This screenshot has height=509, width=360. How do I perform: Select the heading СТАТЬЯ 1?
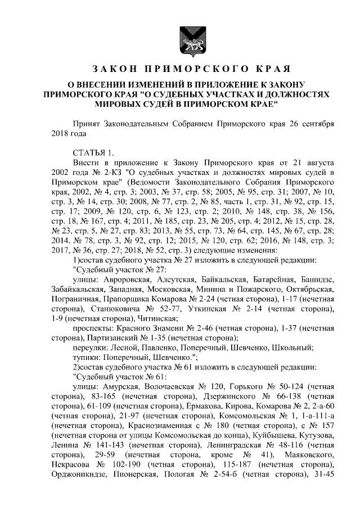(93, 152)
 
